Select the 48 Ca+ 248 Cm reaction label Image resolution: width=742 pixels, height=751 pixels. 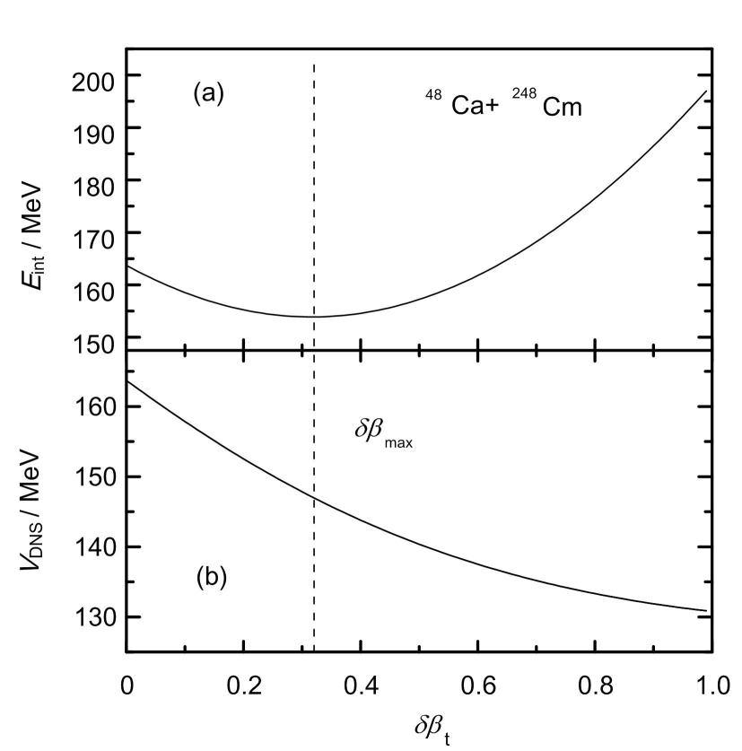503,106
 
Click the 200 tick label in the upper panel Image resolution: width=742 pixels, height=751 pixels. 93,76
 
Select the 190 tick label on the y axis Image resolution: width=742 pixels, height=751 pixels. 93,128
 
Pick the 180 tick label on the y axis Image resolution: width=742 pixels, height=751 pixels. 93,180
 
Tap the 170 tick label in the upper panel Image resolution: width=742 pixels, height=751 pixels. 93,233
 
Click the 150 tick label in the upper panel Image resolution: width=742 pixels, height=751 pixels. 93,337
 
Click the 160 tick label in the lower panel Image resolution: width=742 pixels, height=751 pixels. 93,406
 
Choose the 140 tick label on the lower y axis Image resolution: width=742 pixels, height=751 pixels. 93,546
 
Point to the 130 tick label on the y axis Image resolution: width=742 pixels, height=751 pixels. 93,616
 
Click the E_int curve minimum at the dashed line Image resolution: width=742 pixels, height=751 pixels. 313,316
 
